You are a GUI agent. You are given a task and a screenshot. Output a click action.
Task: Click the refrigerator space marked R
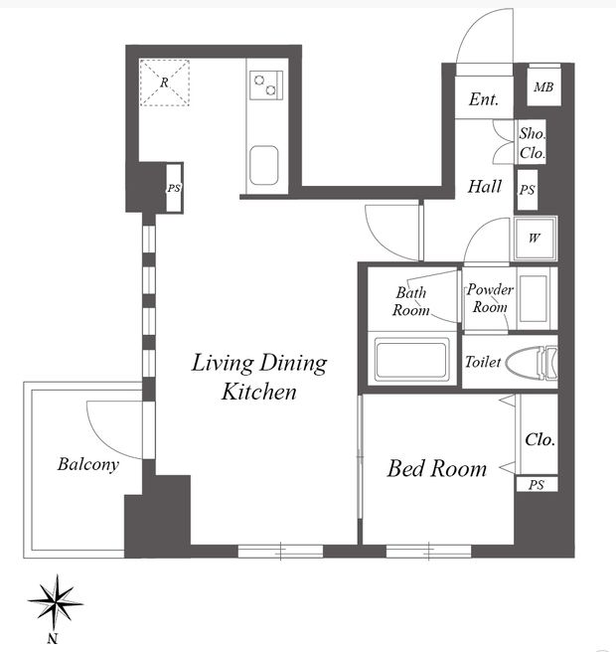pyautogui.click(x=165, y=82)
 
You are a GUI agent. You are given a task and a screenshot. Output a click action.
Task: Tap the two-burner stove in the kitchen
pyautogui.click(x=266, y=85)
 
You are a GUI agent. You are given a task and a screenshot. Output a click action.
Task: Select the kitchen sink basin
pyautogui.click(x=264, y=165)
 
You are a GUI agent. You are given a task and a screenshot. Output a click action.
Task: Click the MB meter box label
pyautogui.click(x=543, y=87)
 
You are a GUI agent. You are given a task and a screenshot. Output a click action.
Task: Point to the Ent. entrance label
pyautogui.click(x=484, y=99)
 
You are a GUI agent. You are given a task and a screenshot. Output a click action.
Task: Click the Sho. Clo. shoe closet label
pyautogui.click(x=532, y=143)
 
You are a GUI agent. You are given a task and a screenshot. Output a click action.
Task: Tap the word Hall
pyautogui.click(x=485, y=186)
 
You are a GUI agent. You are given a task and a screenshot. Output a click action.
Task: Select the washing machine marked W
pyautogui.click(x=535, y=239)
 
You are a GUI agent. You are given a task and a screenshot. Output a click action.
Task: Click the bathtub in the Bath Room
pyautogui.click(x=411, y=359)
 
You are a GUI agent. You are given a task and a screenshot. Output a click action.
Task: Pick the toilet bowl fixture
pyautogui.click(x=532, y=363)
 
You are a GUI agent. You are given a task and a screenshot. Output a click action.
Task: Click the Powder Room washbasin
pyautogui.click(x=534, y=298)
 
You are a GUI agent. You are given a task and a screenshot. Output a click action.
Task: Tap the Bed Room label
pyautogui.click(x=437, y=469)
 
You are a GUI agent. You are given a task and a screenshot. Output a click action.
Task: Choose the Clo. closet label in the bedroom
pyautogui.click(x=539, y=439)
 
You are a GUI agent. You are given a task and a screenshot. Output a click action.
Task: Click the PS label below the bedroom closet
pyautogui.click(x=537, y=485)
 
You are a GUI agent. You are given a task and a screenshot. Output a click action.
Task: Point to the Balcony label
pyautogui.click(x=88, y=464)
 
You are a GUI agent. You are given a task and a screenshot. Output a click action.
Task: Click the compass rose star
pyautogui.click(x=56, y=602)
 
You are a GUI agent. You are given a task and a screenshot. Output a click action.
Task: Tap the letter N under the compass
pyautogui.click(x=53, y=638)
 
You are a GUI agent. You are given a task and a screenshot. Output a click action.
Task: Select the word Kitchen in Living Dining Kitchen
pyautogui.click(x=259, y=392)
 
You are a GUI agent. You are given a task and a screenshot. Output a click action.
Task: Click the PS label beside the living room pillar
pyautogui.click(x=174, y=188)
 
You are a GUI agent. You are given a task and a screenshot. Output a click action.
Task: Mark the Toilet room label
pyautogui.click(x=483, y=362)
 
